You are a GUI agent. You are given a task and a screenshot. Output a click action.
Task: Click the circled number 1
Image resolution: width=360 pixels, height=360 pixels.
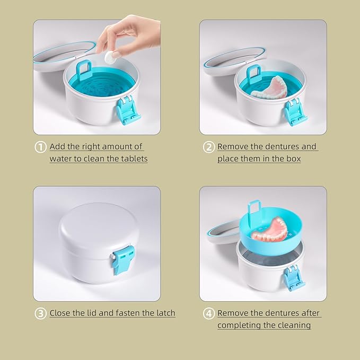[41, 147]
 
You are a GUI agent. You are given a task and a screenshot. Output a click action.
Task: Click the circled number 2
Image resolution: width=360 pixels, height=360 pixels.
[208, 147]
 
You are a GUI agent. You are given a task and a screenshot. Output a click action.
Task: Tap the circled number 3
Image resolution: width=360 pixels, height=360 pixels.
[41, 313]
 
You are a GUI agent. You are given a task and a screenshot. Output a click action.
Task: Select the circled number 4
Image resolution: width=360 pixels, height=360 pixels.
[208, 313]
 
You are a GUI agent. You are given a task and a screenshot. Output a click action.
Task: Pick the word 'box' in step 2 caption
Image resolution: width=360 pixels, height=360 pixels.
[294, 159]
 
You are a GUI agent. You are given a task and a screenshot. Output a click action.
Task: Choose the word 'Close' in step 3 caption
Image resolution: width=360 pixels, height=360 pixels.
[61, 313]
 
